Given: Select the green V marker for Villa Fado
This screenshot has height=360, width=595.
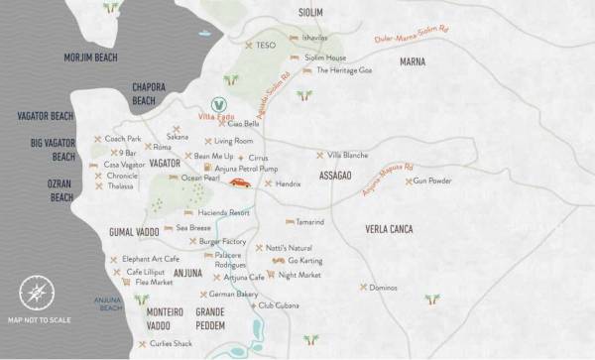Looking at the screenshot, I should [x=222, y=102].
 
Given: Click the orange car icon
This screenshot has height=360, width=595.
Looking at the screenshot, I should [x=240, y=182].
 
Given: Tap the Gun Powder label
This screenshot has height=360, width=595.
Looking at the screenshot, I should [x=432, y=181].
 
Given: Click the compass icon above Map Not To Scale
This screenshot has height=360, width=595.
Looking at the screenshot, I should [x=37, y=293].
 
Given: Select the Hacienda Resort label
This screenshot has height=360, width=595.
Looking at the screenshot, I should [x=224, y=213].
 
